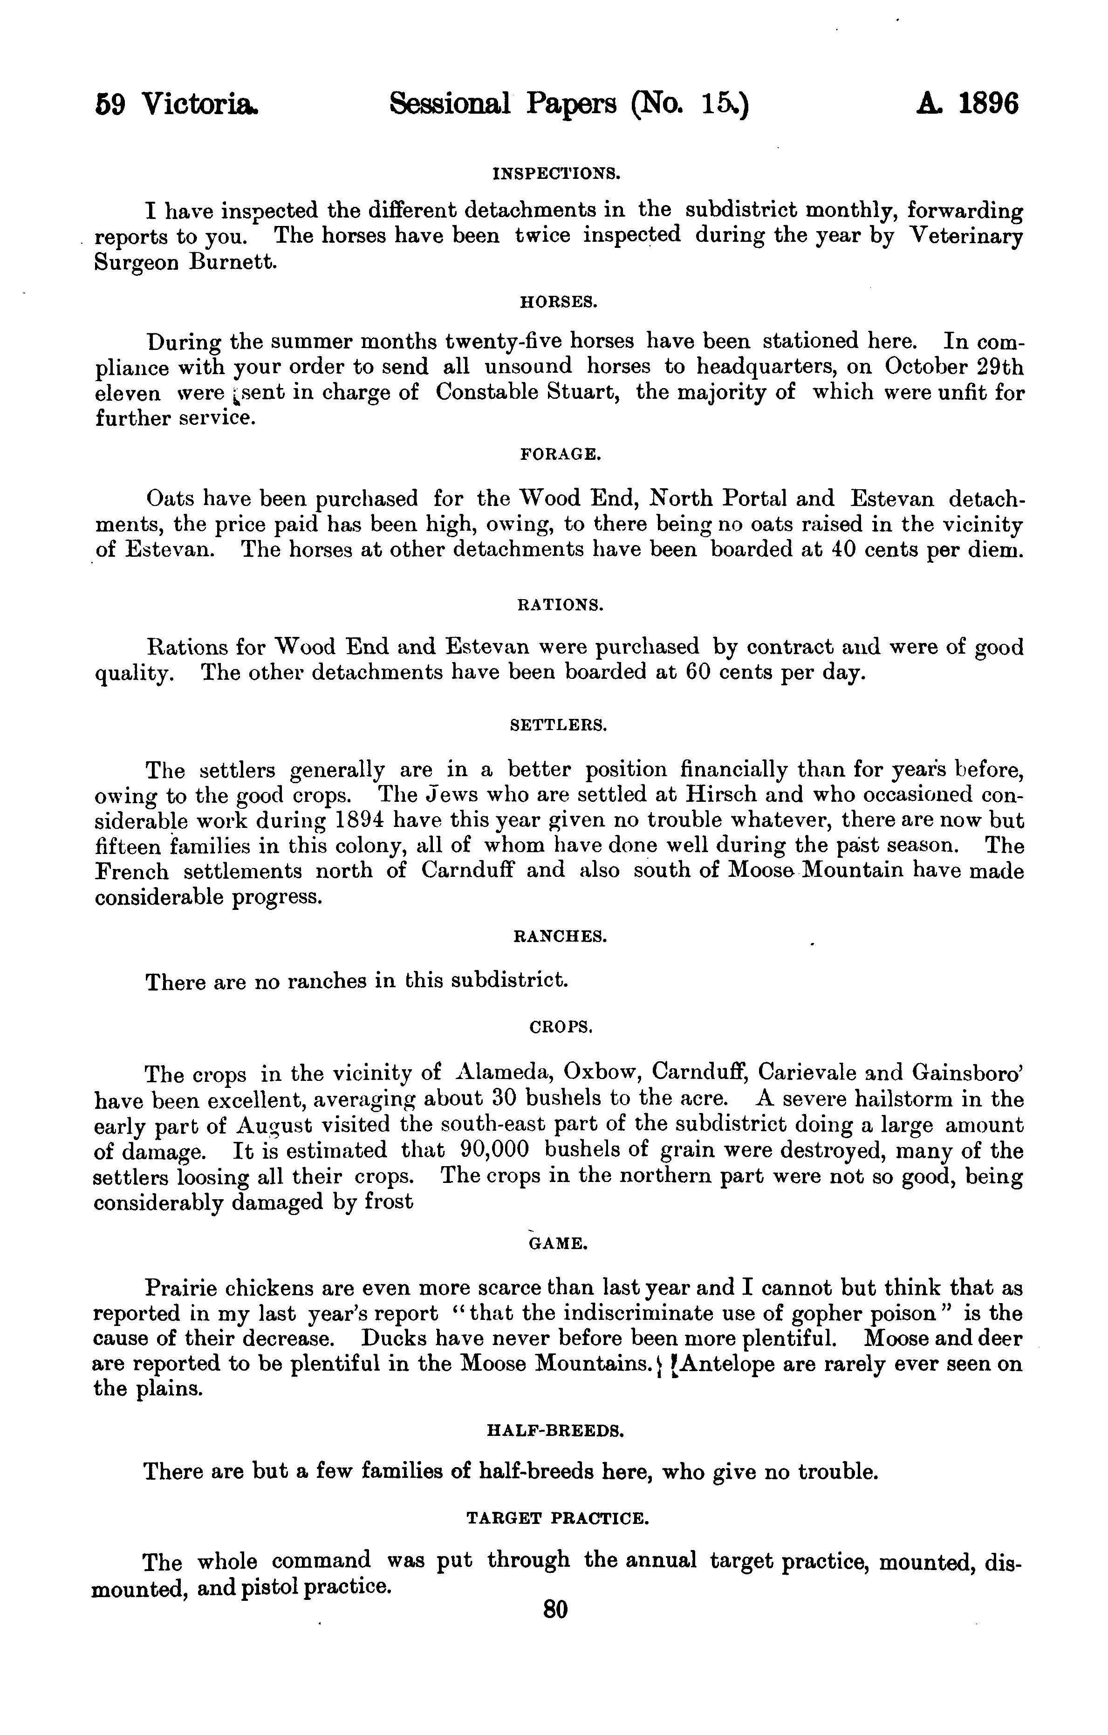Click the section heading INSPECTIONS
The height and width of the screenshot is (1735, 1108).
coord(556,174)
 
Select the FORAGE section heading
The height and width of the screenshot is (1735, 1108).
coord(560,455)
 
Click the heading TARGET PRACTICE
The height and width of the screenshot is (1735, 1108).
coord(558,1518)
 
